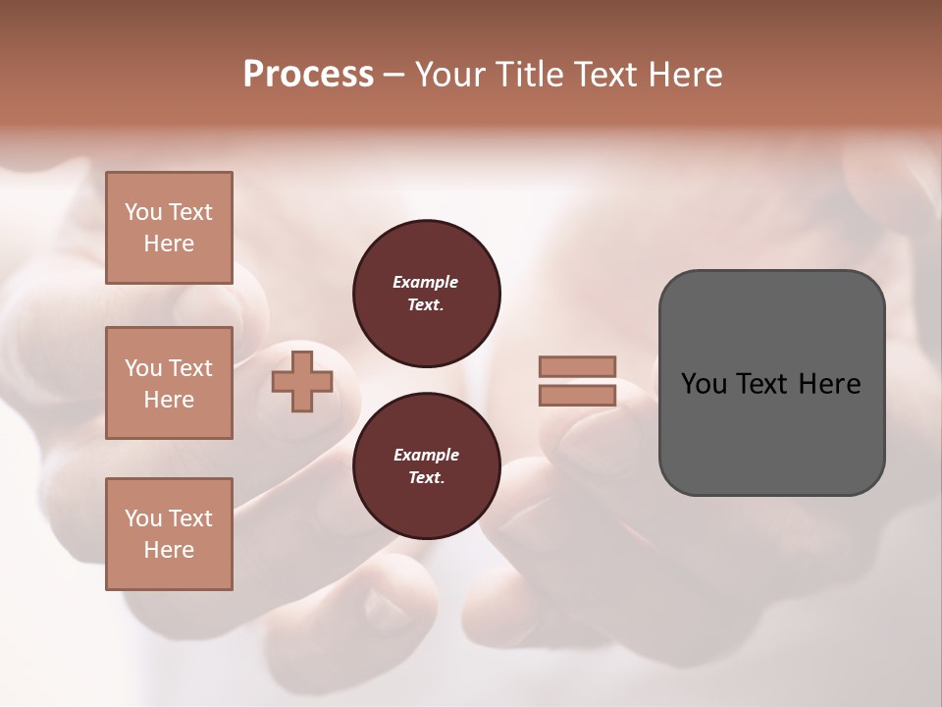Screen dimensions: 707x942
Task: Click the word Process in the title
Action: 308,75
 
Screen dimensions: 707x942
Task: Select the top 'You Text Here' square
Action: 169,228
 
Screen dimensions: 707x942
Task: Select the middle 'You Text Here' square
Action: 169,383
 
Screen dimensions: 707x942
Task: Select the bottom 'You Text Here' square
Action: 169,534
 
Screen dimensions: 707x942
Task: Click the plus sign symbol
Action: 302,382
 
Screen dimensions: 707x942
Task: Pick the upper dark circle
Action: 427,294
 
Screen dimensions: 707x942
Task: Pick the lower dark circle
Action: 427,466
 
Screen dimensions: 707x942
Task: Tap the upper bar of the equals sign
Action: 577,366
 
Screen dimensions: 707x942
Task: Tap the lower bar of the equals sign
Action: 577,395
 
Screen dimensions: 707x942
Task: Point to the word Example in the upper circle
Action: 426,282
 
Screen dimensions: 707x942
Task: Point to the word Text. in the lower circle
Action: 426,478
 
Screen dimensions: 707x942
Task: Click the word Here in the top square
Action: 169,244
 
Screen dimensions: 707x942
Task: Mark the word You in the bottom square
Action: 143,518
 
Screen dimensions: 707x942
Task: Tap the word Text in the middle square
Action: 190,368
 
